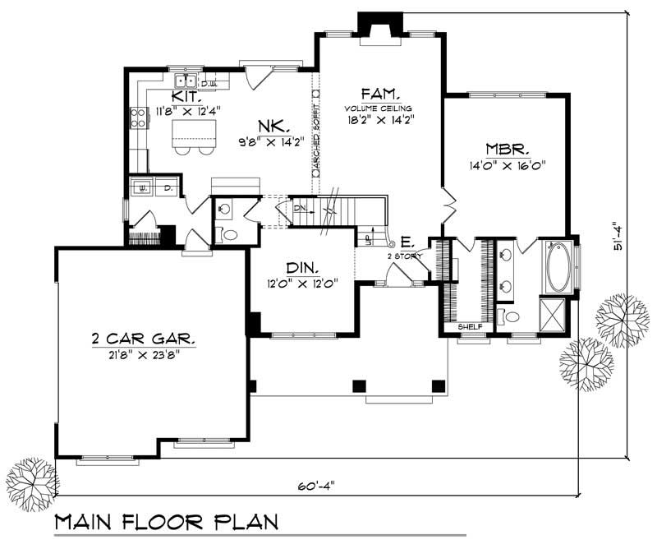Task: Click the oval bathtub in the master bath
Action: (561, 267)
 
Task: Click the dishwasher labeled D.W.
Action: (208, 83)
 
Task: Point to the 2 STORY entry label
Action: (404, 256)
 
